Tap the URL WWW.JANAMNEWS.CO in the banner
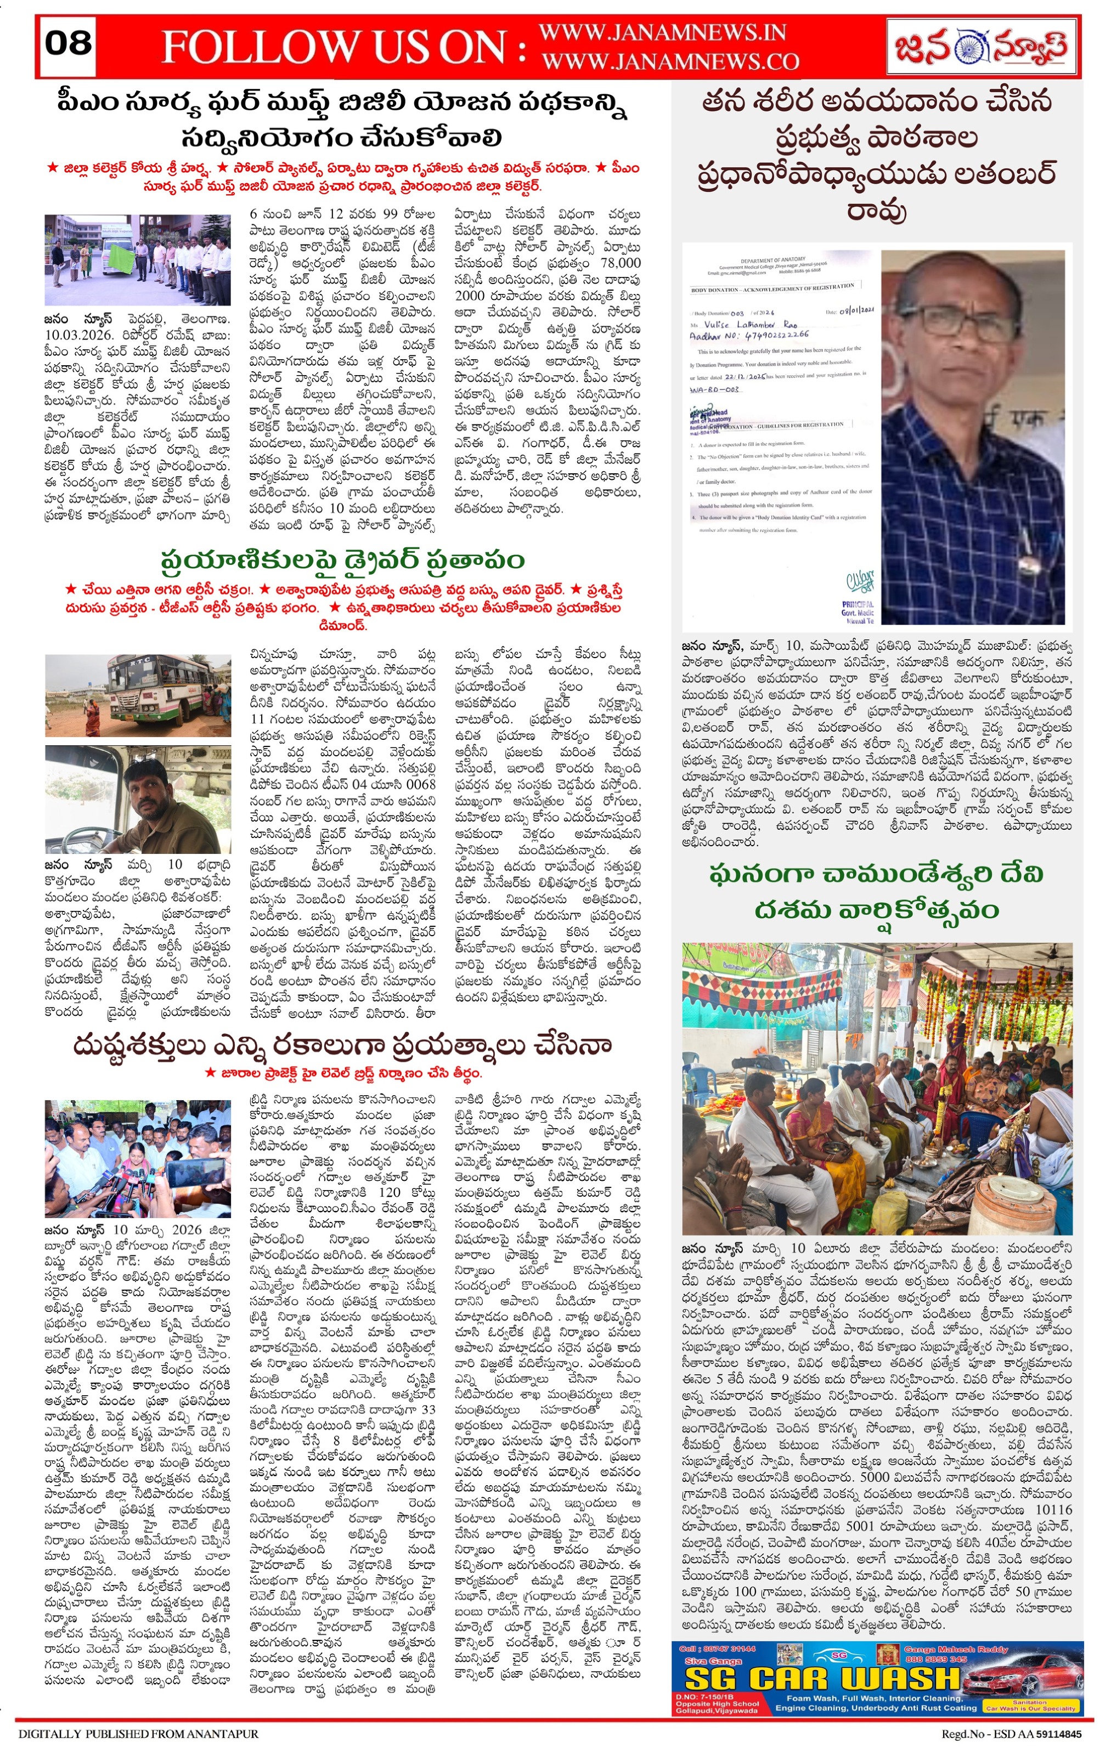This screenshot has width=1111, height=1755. pyautogui.click(x=669, y=62)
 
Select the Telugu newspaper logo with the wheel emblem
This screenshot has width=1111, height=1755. pyautogui.click(x=980, y=47)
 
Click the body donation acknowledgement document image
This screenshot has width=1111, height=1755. pyautogui.click(x=781, y=437)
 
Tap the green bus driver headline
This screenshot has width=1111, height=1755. pyautogui.click(x=343, y=561)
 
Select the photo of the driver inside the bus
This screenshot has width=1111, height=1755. pyautogui.click(x=138, y=799)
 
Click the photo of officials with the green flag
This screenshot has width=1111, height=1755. pyautogui.click(x=138, y=259)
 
